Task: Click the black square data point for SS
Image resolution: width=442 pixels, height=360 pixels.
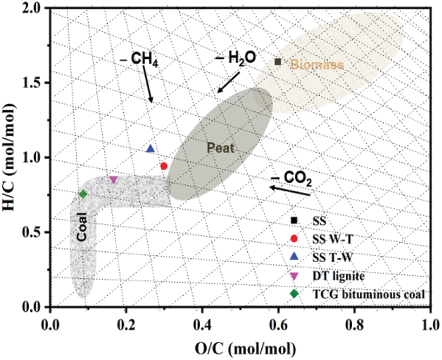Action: (x=278, y=62)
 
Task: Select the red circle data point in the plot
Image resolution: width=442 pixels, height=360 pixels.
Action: (x=164, y=166)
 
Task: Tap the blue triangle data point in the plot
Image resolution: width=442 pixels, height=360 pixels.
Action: (x=150, y=149)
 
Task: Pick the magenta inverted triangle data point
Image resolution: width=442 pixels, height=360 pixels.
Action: (x=113, y=180)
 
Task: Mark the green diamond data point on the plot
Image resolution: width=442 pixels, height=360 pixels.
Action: (x=83, y=194)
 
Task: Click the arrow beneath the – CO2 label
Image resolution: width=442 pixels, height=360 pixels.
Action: (x=291, y=191)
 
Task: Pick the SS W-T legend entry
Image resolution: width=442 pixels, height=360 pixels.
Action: (x=329, y=238)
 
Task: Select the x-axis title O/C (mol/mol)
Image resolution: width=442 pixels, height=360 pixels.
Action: (x=240, y=346)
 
